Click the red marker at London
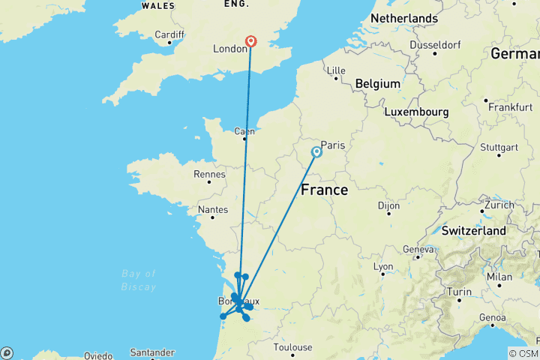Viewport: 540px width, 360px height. pyautogui.click(x=250, y=42)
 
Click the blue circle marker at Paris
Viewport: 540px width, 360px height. pyautogui.click(x=316, y=152)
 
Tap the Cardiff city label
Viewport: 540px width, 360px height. pyautogui.click(x=169, y=34)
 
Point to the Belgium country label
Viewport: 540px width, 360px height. pyautogui.click(x=378, y=83)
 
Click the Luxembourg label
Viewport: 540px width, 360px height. pyautogui.click(x=416, y=112)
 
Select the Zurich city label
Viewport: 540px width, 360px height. pyautogui.click(x=499, y=205)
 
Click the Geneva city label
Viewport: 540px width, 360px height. pyautogui.click(x=418, y=249)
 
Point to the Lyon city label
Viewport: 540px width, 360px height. pyautogui.click(x=383, y=266)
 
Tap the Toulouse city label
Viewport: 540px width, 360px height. pyautogui.click(x=292, y=347)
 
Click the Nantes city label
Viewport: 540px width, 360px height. pyautogui.click(x=214, y=211)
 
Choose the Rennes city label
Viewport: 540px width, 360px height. pyautogui.click(x=210, y=174)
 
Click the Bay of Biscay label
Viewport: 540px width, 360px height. pyautogui.click(x=139, y=280)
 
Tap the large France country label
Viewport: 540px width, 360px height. pyautogui.click(x=324, y=190)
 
